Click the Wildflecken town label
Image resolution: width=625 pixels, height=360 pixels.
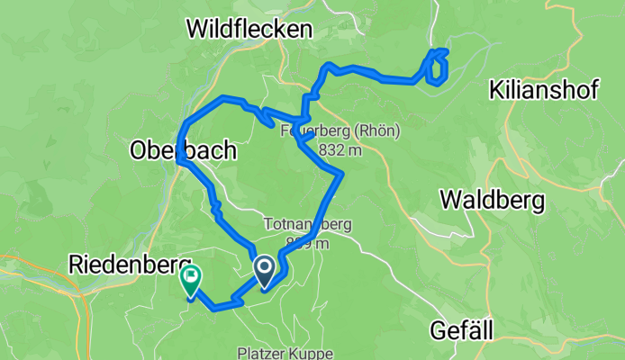(x=249, y=30)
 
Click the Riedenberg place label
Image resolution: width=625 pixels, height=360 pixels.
(x=126, y=264)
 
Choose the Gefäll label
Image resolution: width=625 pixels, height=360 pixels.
(x=462, y=331)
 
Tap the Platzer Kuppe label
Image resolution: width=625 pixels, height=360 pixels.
(x=284, y=354)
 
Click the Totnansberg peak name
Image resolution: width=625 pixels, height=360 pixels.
(x=307, y=224)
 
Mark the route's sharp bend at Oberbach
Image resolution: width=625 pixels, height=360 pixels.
(x=181, y=158)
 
